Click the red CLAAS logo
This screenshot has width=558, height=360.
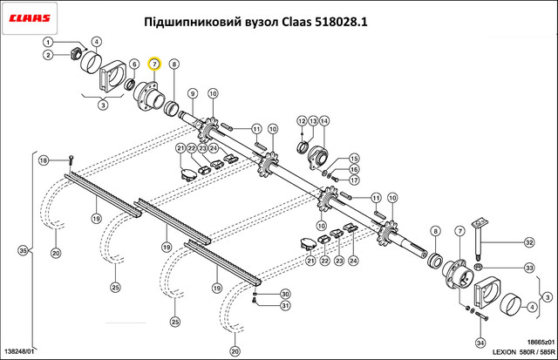(30, 18)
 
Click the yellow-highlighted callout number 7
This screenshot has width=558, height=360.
(155, 64)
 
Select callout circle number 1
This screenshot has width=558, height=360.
(48, 43)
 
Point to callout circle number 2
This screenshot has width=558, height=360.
(48, 55)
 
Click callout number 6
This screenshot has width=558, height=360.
(134, 65)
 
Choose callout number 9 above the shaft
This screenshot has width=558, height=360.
(193, 93)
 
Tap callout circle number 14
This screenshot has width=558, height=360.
(323, 121)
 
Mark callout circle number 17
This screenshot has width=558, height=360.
(354, 180)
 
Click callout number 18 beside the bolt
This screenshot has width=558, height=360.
(44, 160)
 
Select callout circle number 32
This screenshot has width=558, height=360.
(529, 242)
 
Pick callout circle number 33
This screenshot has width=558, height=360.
(529, 268)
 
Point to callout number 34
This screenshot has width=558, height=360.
(480, 343)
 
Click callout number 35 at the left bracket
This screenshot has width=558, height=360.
(24, 251)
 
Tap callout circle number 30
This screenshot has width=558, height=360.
(285, 295)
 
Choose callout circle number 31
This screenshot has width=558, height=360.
(285, 306)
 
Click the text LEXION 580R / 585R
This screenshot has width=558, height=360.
(523, 352)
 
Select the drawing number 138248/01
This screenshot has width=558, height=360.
(19, 351)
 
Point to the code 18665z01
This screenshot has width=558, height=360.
(541, 343)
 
